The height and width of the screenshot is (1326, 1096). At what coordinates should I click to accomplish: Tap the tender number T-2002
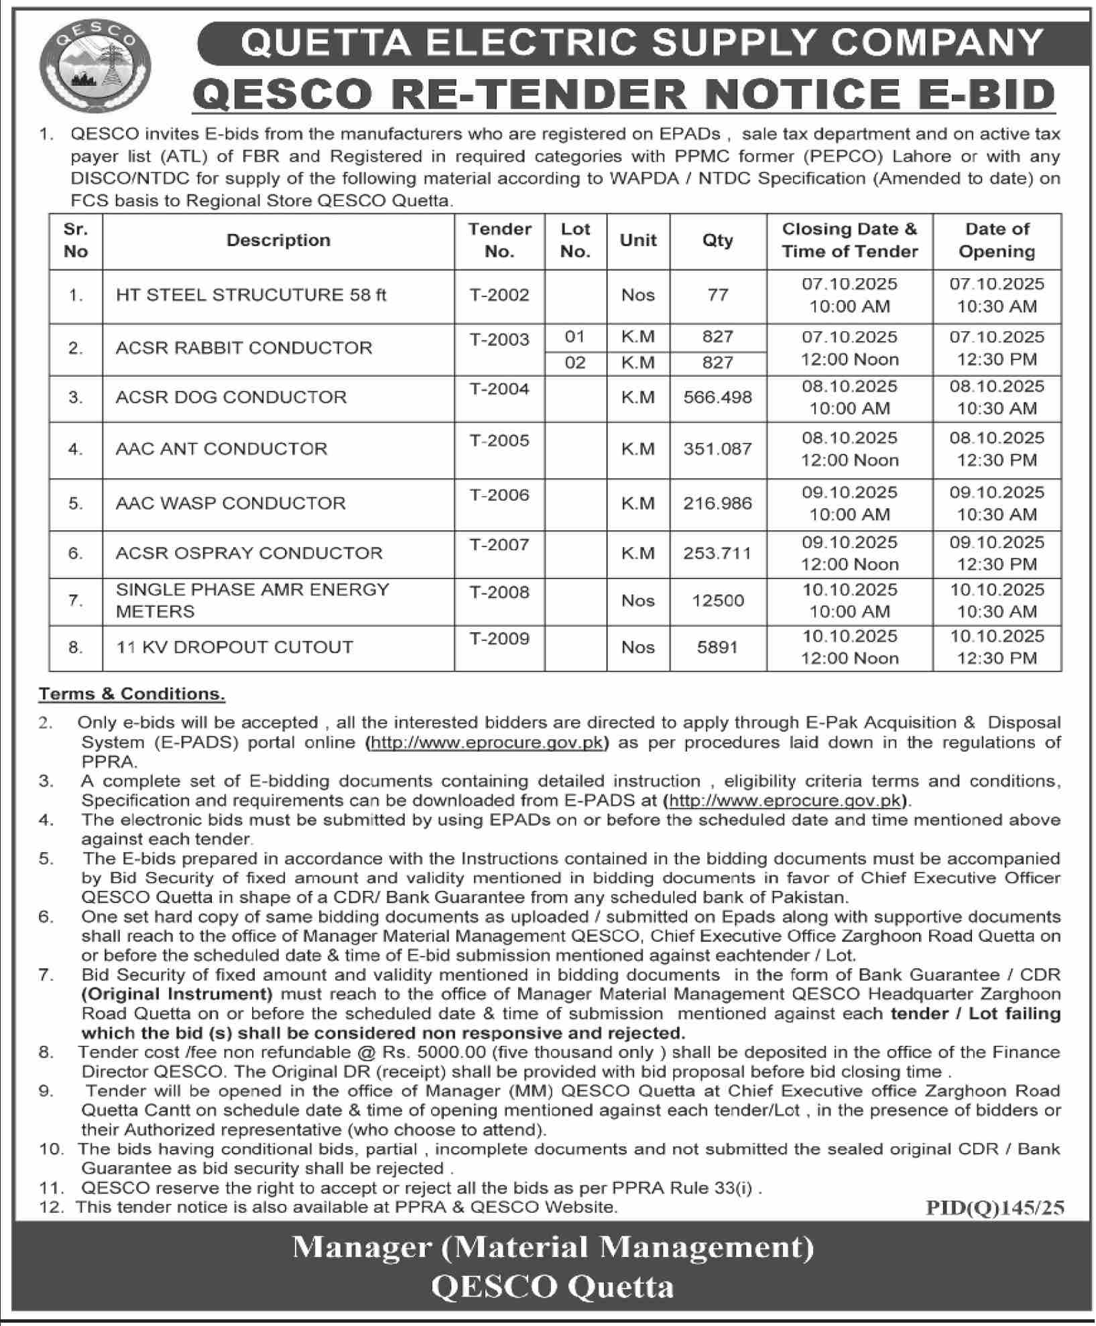click(x=499, y=295)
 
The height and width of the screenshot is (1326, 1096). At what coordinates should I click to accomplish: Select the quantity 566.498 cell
click(x=717, y=398)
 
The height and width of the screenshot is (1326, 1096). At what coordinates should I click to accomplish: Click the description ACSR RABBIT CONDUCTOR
click(x=244, y=348)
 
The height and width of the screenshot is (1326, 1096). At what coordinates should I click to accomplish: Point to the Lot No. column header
click(x=575, y=240)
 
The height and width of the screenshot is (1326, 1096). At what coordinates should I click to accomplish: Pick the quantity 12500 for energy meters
click(x=718, y=600)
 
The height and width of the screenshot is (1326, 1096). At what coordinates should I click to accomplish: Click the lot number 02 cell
click(x=575, y=363)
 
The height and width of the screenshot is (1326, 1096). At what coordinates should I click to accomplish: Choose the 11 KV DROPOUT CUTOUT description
click(x=235, y=647)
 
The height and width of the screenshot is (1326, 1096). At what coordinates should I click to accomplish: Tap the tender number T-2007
click(x=499, y=544)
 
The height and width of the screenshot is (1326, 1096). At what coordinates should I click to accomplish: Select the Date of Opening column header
click(x=997, y=240)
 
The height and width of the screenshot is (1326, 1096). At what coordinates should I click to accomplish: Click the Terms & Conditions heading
click(x=131, y=694)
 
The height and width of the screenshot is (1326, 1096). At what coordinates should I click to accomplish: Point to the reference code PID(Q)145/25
click(x=995, y=1207)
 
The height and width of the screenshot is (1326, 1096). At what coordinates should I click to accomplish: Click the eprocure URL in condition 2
click(x=487, y=743)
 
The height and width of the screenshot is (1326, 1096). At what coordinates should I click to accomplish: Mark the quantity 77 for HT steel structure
click(x=718, y=295)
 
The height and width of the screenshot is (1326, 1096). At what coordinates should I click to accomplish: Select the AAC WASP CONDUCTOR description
click(x=231, y=503)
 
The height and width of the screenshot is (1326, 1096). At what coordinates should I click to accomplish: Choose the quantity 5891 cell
click(x=717, y=648)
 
